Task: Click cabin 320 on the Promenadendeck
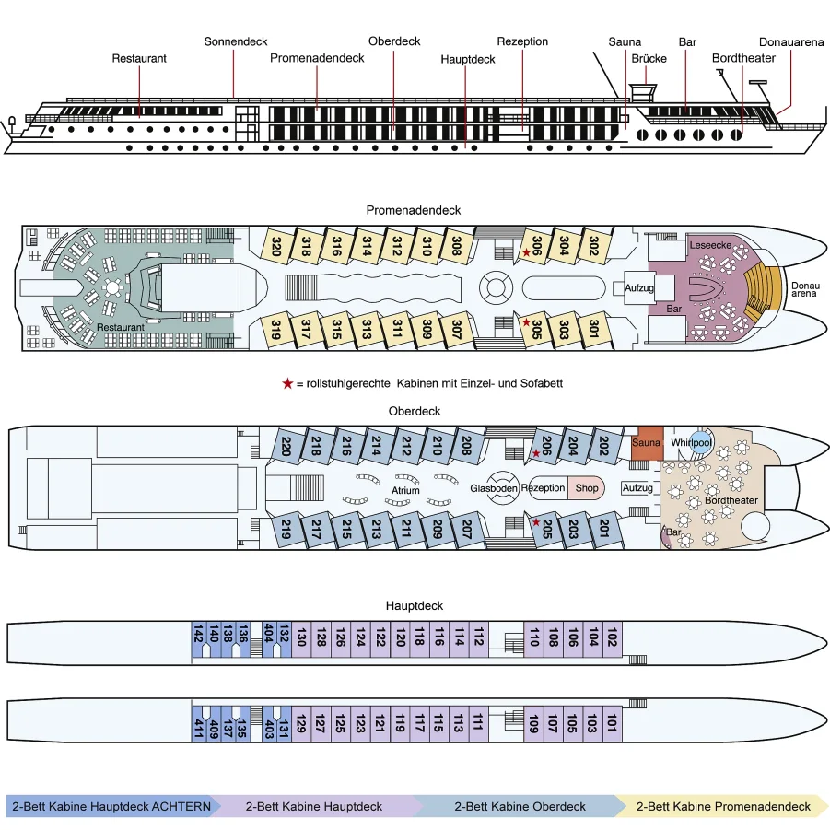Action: pyautogui.click(x=275, y=246)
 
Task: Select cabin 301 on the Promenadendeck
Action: pyautogui.click(x=594, y=329)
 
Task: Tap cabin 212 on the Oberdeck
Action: pyautogui.click(x=406, y=447)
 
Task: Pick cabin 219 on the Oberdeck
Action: pyautogui.click(x=286, y=530)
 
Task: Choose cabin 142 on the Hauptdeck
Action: pyautogui.click(x=198, y=636)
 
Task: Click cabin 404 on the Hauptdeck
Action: pyautogui.click(x=269, y=636)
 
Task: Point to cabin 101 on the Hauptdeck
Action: pyautogui.click(x=611, y=725)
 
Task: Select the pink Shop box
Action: pyautogui.click(x=586, y=488)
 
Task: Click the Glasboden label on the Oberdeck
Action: pyautogui.click(x=494, y=488)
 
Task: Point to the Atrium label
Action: pyautogui.click(x=405, y=490)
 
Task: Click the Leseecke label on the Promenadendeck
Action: pyautogui.click(x=710, y=245)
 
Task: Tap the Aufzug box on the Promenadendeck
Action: pyautogui.click(x=638, y=288)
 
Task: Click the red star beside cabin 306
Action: pyautogui.click(x=527, y=251)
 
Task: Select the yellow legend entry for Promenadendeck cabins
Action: pyautogui.click(x=723, y=806)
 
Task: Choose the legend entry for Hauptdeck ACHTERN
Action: pyautogui.click(x=111, y=806)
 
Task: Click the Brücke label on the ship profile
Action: pyautogui.click(x=649, y=58)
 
